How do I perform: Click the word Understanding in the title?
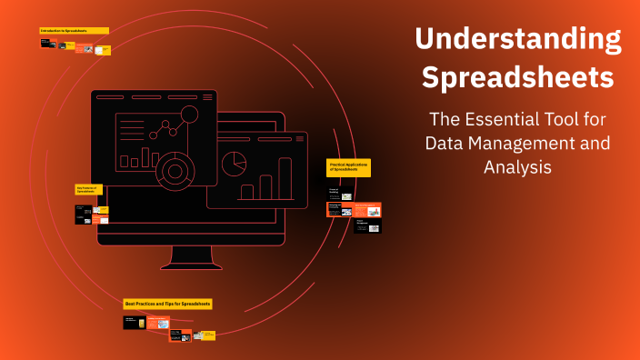518,39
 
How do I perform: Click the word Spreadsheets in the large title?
518,77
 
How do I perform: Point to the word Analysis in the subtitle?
518,167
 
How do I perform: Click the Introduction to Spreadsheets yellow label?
74,30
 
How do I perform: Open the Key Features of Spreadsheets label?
88,189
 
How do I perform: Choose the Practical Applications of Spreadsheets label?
348,167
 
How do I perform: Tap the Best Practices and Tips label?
167,303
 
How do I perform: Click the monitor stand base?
191,265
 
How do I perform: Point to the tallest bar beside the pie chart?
285,178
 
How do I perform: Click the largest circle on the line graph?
189,115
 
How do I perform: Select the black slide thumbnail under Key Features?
83,214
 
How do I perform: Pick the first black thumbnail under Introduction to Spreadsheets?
46,43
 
